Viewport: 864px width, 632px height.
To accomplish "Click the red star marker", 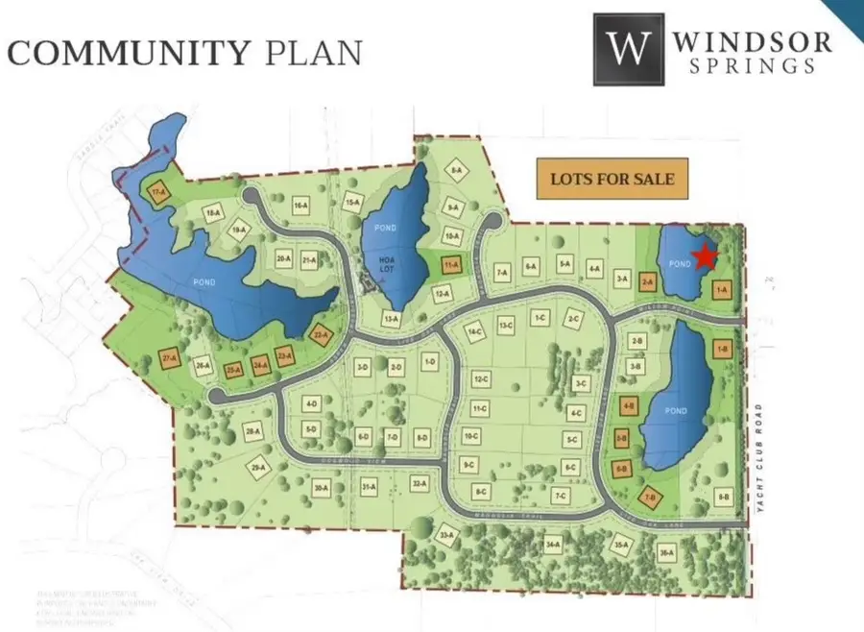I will [707, 255].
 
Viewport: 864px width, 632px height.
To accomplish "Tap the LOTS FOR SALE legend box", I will [612, 179].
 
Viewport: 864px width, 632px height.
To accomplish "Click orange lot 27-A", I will [171, 360].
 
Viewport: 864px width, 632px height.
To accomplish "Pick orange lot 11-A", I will [451, 264].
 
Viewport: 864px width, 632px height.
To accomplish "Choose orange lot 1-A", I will [722, 288].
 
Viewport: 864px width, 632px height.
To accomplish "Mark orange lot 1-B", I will [723, 349].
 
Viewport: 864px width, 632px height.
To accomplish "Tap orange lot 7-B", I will [652, 497].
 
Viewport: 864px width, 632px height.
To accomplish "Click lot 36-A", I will [666, 551].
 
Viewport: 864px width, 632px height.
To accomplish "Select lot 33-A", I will [445, 535].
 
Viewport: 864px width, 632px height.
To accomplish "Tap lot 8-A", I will [456, 171].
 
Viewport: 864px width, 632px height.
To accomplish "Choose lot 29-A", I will [257, 468].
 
